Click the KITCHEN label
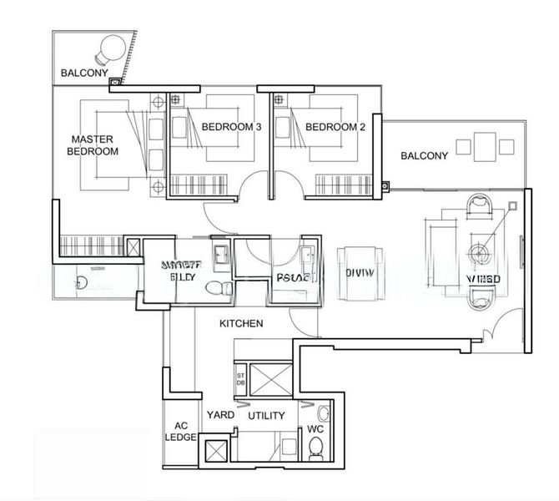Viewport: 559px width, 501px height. point(242,323)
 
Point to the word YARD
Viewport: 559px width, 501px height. point(220,415)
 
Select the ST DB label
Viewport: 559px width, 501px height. point(239,379)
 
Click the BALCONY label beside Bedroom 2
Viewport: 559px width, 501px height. point(424,155)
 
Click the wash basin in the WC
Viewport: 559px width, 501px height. point(323,411)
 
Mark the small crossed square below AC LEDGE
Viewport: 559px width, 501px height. point(215,451)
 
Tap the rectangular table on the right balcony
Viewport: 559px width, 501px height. point(483,147)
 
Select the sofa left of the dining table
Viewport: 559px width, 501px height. point(360,271)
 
